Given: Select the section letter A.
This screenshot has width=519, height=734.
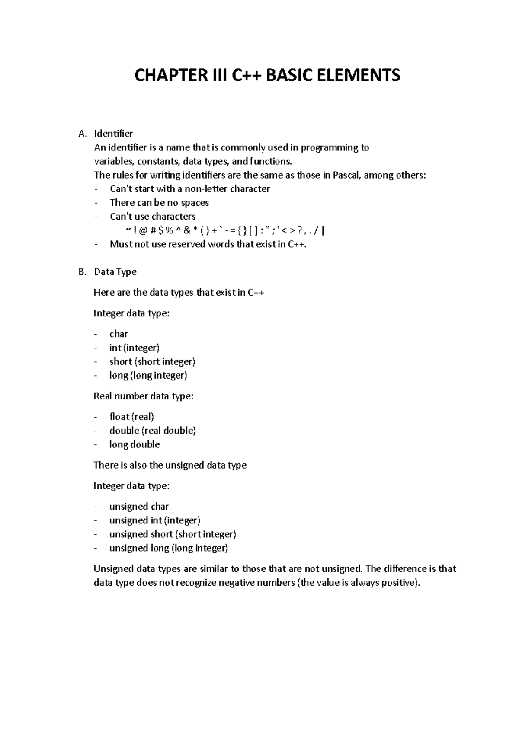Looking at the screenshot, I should click(82, 134).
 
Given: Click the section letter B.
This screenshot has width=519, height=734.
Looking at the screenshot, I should click(82, 272).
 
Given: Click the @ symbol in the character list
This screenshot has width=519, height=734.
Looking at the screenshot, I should click(143, 231).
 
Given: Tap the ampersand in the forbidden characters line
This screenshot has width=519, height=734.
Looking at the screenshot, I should click(186, 231).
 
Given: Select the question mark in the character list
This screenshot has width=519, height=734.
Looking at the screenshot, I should click(300, 231).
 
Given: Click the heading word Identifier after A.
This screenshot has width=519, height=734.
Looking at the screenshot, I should click(113, 134).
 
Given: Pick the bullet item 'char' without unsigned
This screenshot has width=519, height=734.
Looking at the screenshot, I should click(119, 334).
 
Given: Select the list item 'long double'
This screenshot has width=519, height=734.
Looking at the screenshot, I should click(135, 445).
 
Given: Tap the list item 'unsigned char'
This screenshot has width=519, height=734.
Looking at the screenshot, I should click(139, 507).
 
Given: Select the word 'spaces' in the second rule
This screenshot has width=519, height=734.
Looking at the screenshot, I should click(195, 203).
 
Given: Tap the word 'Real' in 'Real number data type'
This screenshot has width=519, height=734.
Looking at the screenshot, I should click(103, 396).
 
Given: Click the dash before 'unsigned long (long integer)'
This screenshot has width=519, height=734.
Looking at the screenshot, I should click(96, 549).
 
